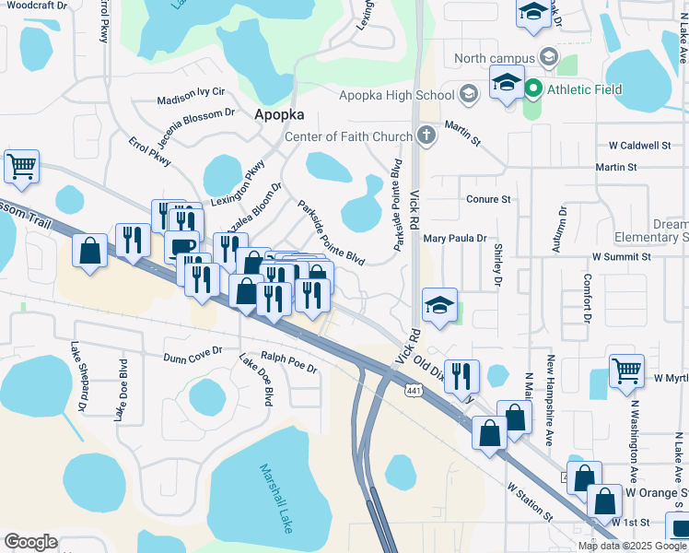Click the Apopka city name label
[278, 115]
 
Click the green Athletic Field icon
[533, 89]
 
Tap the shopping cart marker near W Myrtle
[626, 371]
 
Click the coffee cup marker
[181, 247]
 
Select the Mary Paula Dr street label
[454, 238]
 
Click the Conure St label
[488, 199]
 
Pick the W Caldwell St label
[639, 146]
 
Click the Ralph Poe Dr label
[288, 363]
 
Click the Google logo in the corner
[30, 542]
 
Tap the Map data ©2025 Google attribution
[632, 546]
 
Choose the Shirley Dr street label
[498, 266]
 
